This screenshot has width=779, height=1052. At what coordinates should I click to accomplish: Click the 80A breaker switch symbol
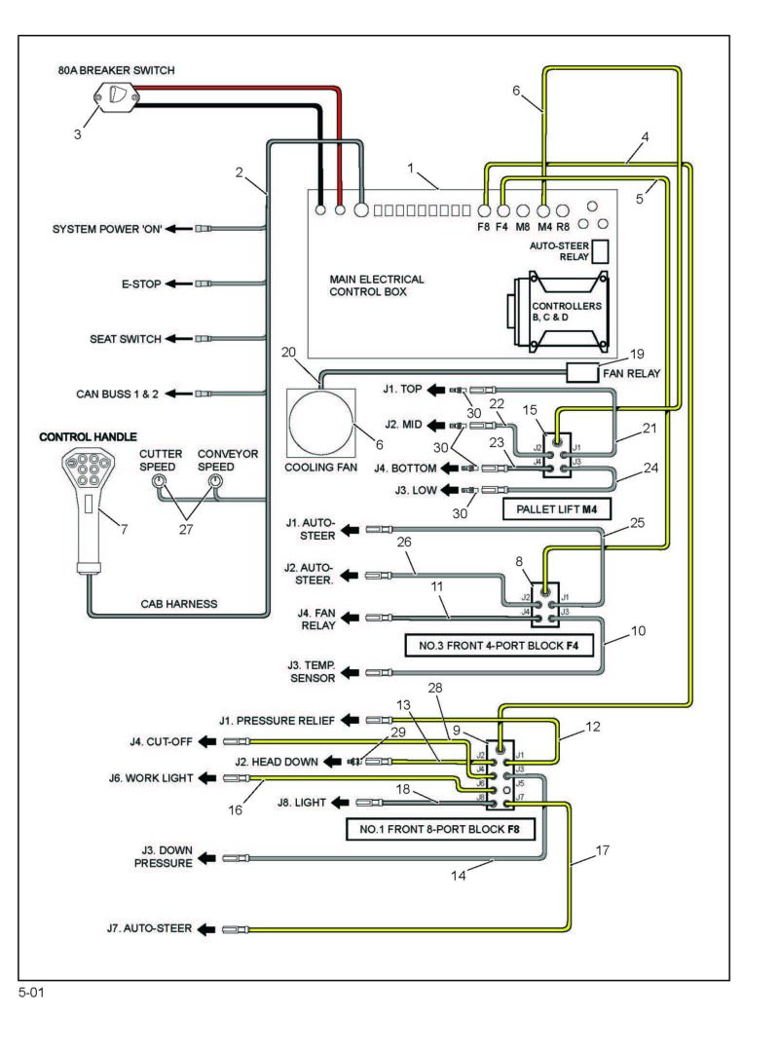click(x=117, y=95)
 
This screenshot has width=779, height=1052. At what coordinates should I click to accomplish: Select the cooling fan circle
click(x=320, y=423)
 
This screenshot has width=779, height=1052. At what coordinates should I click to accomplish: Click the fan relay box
click(x=581, y=372)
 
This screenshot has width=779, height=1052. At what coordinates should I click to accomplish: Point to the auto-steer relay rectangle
click(x=601, y=251)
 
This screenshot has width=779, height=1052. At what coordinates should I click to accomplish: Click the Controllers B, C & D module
click(x=558, y=312)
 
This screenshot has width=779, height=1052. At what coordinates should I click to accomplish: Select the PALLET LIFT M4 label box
click(x=556, y=509)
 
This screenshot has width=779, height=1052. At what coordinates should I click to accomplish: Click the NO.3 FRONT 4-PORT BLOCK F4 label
click(x=500, y=646)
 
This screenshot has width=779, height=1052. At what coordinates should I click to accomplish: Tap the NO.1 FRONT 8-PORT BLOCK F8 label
click(x=440, y=829)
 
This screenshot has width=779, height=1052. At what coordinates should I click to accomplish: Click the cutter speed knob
click(x=159, y=481)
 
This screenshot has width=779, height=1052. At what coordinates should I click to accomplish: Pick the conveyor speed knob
click(x=214, y=481)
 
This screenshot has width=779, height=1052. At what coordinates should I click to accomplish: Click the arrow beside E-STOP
click(x=179, y=283)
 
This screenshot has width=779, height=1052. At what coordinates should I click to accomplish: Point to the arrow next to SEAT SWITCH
click(x=179, y=339)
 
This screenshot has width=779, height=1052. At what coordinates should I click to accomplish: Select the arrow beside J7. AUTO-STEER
click(x=206, y=929)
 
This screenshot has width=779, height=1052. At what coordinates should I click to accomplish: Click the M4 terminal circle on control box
click(x=544, y=210)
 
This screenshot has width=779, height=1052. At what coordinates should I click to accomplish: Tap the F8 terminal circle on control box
click(x=484, y=210)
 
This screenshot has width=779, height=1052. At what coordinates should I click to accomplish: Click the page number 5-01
click(x=31, y=993)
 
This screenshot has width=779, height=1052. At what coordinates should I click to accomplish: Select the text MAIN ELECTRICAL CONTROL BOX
click(x=377, y=285)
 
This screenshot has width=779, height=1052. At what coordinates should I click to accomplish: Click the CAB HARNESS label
click(x=178, y=604)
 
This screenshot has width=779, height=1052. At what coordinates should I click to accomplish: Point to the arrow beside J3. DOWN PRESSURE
click(x=206, y=858)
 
